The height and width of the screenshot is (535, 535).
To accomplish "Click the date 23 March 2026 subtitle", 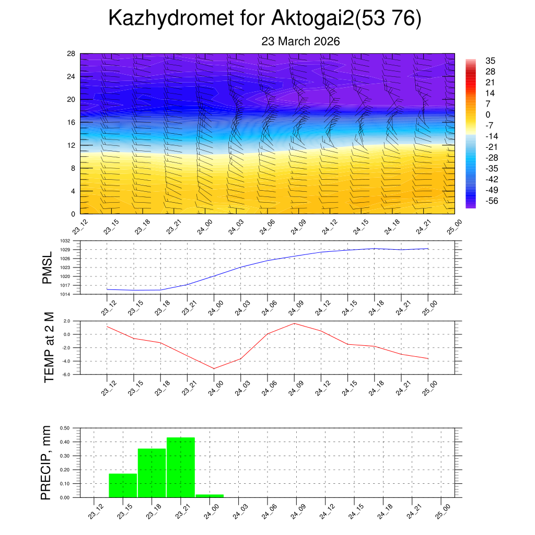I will click(x=300, y=41).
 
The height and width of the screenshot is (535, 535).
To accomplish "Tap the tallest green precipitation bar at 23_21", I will click(x=181, y=467).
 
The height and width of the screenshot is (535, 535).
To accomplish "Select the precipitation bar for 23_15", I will click(x=123, y=485).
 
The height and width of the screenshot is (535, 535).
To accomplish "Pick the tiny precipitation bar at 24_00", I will click(x=210, y=496).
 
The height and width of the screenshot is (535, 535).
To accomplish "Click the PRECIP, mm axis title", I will click(x=46, y=462).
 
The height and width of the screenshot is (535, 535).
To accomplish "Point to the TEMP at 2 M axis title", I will click(x=49, y=347).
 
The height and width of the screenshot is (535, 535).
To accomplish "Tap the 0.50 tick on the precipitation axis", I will click(x=65, y=428).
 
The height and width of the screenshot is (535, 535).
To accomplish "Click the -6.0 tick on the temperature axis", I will click(x=67, y=375).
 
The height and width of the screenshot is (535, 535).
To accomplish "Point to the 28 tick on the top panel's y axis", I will click(x=72, y=53).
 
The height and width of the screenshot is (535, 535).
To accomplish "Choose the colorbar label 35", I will click(x=490, y=61).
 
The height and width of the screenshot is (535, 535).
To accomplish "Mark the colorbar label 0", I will click(x=488, y=114).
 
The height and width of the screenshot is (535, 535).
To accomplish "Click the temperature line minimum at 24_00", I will click(x=214, y=368).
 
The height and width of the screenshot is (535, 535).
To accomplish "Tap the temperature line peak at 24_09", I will click(x=294, y=323).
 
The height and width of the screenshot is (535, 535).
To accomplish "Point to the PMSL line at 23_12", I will click(x=107, y=289).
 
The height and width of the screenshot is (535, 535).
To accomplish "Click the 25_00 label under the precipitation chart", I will click(x=442, y=510).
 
